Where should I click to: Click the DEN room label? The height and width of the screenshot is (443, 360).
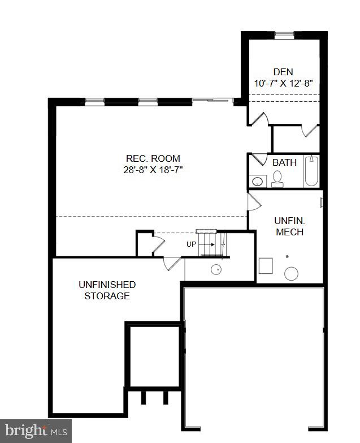click(x=284, y=72)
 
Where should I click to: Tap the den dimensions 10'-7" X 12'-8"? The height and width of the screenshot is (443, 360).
click(x=284, y=83)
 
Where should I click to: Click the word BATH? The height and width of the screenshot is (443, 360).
click(x=284, y=162)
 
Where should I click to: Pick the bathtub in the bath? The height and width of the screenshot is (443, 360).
click(x=311, y=171)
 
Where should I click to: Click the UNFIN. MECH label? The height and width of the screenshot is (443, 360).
click(x=289, y=226)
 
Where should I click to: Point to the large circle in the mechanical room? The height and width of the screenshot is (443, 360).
click(x=291, y=274)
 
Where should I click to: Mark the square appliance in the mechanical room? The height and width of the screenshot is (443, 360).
click(x=266, y=265)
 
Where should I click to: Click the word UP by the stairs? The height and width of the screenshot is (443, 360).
click(x=192, y=244)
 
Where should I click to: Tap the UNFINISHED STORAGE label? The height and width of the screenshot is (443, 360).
click(x=107, y=290)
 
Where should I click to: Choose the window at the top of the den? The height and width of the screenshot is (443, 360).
click(x=284, y=35)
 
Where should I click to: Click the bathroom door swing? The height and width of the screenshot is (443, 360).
click(x=259, y=159)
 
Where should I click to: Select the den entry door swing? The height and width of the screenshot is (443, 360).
click(x=259, y=119)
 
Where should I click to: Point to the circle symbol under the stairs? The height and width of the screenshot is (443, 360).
click(x=216, y=269)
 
